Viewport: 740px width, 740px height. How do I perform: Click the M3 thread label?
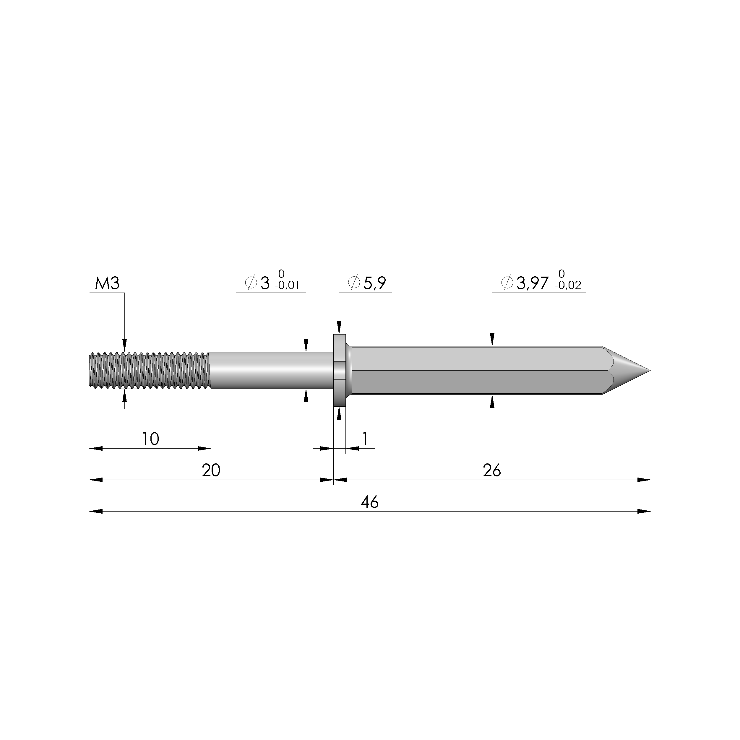pos(107,284)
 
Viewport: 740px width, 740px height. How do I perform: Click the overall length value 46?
pos(370,502)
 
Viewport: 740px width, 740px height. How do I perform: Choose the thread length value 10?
pos(150,439)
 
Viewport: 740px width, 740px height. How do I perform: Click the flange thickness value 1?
pos(365,439)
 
